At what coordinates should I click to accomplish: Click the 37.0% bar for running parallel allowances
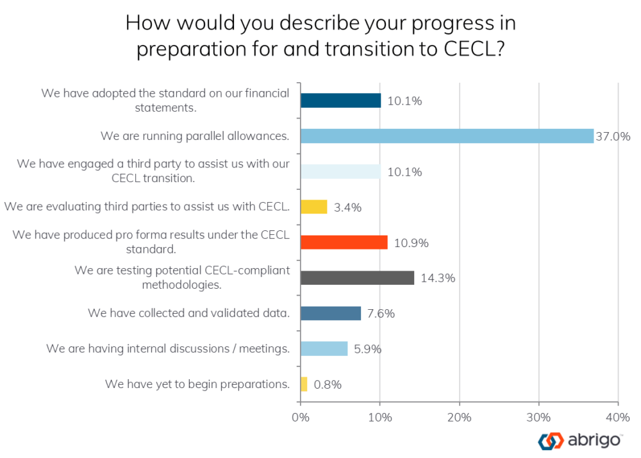point(447,136)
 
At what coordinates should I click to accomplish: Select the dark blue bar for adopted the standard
point(340,101)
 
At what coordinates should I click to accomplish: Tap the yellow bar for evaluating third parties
point(313,207)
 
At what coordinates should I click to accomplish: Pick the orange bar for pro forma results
point(344,242)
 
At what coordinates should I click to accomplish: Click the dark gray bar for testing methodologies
point(357,278)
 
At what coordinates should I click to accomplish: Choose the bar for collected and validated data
point(331,313)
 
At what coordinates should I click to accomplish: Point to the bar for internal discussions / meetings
point(324,348)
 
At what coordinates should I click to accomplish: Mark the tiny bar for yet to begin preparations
point(304,384)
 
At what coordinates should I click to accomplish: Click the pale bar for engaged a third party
point(340,172)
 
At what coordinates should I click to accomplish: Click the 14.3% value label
point(438,278)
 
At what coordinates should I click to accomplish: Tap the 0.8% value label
point(328,385)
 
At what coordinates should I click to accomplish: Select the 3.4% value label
point(349,208)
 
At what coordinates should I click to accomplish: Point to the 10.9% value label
point(411,243)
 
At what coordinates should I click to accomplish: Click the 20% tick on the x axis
point(460,417)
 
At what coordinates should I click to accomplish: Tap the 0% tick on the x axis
point(301,417)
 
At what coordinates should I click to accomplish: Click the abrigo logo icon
point(549,441)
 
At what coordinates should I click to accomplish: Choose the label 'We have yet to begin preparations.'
point(197,384)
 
